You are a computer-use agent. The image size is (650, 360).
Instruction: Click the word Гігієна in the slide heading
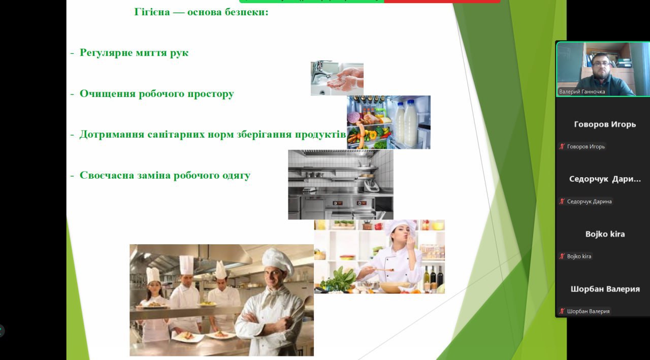[x=152, y=12]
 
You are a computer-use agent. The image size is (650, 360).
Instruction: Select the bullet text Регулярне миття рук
[x=134, y=53]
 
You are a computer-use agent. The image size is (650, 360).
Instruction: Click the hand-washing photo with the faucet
[x=337, y=78]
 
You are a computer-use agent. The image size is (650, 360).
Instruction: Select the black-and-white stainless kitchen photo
[x=341, y=184]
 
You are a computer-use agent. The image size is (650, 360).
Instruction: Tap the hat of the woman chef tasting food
[x=397, y=225]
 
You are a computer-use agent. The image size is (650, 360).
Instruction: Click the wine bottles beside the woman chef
[x=433, y=277]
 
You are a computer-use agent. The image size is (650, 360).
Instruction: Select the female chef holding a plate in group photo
[x=154, y=302]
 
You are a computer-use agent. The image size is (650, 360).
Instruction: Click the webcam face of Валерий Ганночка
[x=601, y=65]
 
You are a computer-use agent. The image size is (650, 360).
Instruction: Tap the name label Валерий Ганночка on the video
[x=582, y=92]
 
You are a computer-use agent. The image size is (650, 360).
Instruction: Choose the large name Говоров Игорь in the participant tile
[x=605, y=124]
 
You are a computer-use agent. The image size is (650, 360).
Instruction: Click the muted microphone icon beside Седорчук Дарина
[x=562, y=201]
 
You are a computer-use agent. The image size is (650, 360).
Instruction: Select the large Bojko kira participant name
[x=605, y=234]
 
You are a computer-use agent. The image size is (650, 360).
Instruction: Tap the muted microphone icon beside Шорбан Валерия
[x=562, y=311]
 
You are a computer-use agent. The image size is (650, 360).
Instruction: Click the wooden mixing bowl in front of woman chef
[x=395, y=287]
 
